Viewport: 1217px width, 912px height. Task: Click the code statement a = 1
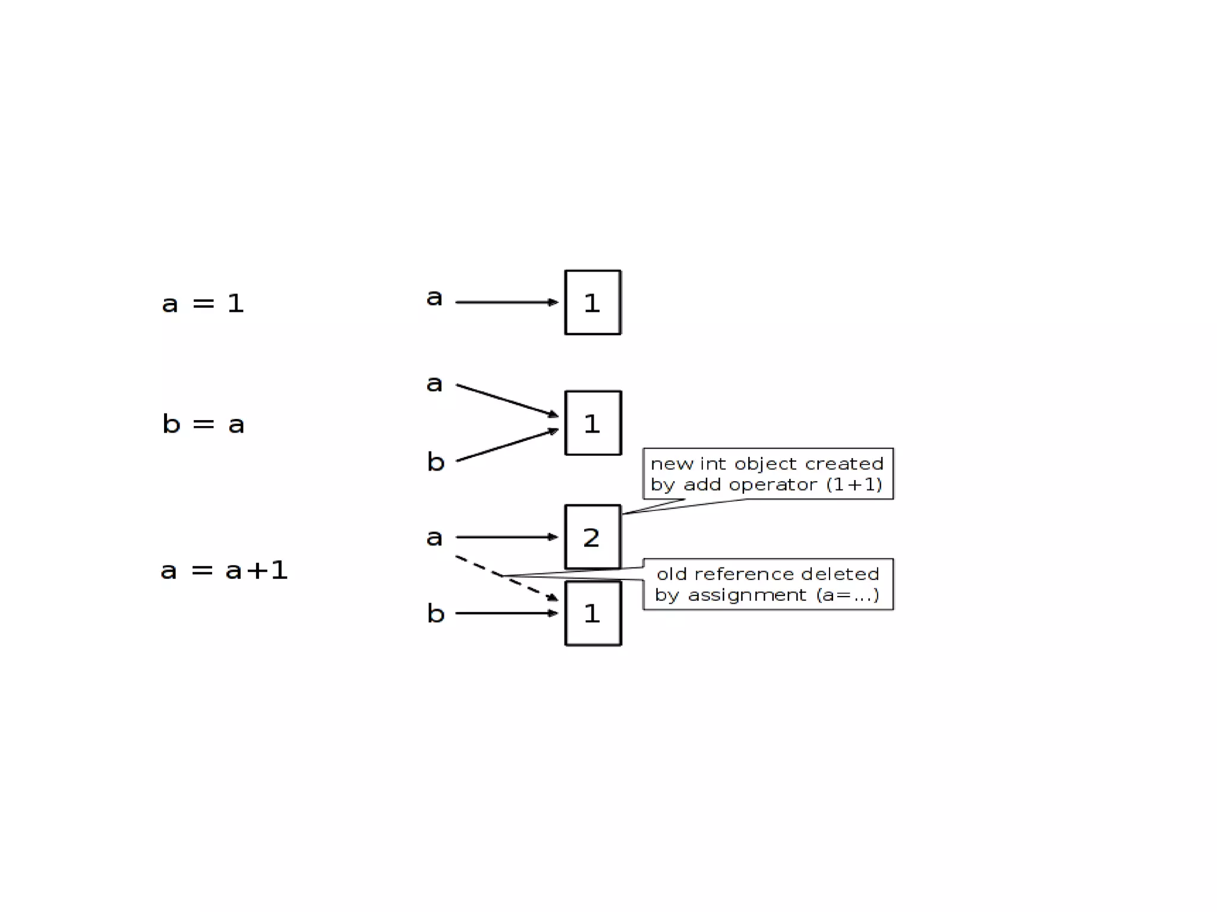203,304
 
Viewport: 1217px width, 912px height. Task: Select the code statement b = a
203,424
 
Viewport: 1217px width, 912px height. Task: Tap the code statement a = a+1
224,570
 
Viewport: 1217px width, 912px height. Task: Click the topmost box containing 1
592,302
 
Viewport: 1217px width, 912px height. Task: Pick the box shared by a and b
592,423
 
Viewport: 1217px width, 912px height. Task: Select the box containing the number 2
592,537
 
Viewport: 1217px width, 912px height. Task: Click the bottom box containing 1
592,613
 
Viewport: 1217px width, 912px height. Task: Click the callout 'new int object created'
768,474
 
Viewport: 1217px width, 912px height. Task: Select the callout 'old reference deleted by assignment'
768,584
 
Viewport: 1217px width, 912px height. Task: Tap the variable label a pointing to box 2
434,537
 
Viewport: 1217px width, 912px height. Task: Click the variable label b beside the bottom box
436,613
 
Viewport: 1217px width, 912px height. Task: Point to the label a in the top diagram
434,297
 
